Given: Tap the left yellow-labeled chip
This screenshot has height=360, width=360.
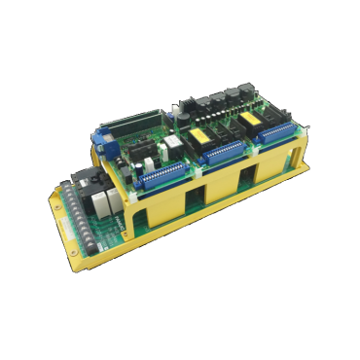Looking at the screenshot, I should [x=206, y=135].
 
